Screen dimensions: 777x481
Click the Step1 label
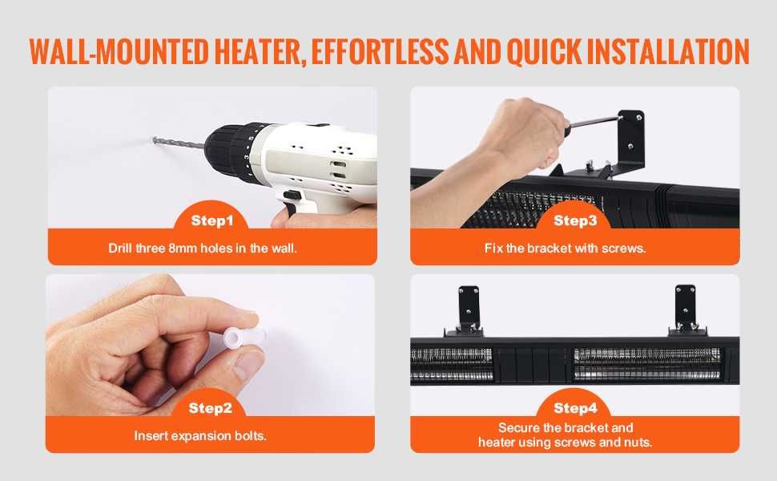[x=212, y=220]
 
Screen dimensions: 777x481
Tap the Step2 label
[x=210, y=408]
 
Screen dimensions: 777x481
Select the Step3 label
[x=575, y=220]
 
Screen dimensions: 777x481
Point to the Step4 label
[x=575, y=408]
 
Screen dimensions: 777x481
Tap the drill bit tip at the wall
[x=155, y=139]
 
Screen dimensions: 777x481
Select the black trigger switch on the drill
[x=292, y=195]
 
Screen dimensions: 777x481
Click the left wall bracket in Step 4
[x=467, y=309]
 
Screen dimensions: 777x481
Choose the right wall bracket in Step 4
[x=686, y=309]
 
